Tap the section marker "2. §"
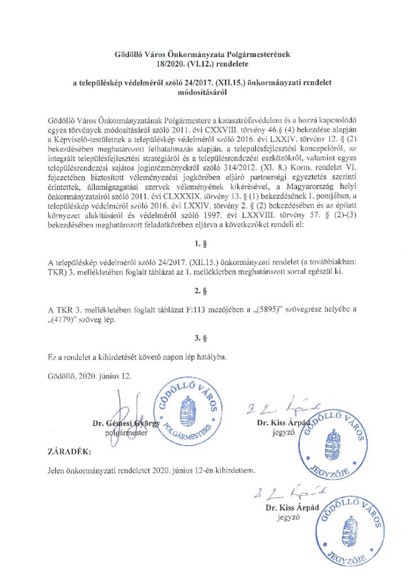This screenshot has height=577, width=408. pos(204,293)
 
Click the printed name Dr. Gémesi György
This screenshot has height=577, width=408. pos(125,423)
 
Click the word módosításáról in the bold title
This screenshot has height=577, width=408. pos(203,94)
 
